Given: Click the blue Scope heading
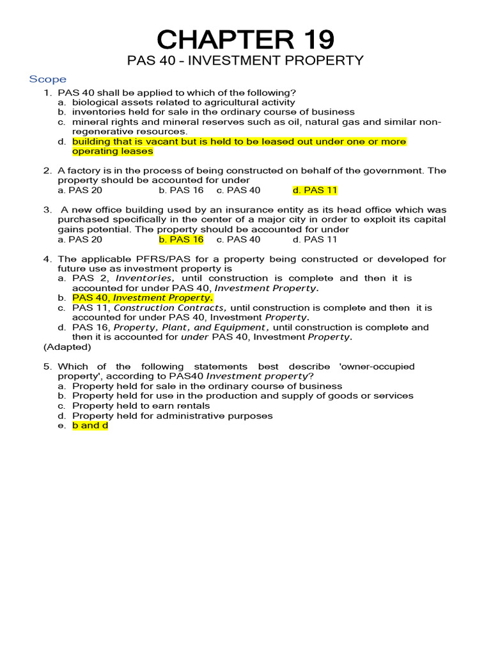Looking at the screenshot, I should (47, 79).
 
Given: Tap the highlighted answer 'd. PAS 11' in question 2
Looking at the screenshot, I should (315, 191).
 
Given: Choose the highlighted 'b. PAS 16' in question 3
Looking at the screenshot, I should (181, 239).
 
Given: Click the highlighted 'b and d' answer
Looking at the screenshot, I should (90, 425).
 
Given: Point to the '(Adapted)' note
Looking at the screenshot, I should (67, 347).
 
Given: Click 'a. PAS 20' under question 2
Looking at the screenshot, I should (80, 191).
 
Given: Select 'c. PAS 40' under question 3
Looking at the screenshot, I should (238, 239).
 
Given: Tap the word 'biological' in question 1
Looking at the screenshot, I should (95, 102).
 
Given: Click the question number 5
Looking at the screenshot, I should (47, 367).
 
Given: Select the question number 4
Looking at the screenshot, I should (47, 259).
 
